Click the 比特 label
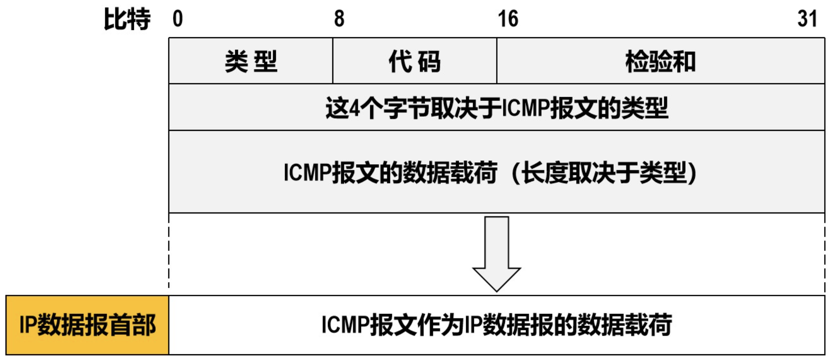coord(127,19)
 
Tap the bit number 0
coord(178,19)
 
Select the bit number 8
coord(339,19)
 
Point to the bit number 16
coord(508,19)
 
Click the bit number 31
coord(807,19)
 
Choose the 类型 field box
coord(251,61)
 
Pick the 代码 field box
coord(415,61)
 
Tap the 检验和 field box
coord(660,61)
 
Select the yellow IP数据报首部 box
coord(87,325)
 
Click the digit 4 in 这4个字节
coord(355,108)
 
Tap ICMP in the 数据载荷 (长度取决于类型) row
coord(307,172)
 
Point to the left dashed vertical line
coord(169,253)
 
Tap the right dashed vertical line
coord(824,253)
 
